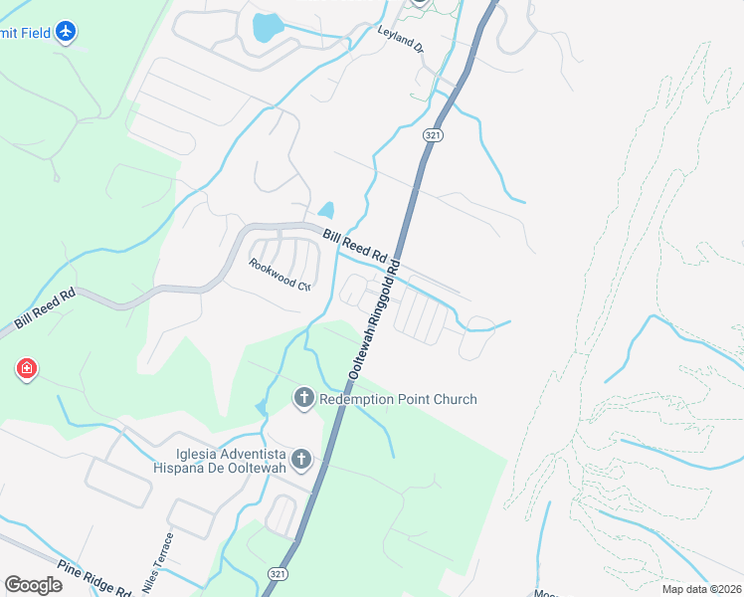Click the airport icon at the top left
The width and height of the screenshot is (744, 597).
66,32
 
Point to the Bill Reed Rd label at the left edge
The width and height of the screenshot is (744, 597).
45,309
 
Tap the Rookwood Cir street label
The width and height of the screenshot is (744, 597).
280,275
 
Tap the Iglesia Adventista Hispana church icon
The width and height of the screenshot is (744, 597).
300,459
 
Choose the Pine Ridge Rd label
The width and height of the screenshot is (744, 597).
94,578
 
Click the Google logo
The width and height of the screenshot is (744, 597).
33,585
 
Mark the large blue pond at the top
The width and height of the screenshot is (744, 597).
267,28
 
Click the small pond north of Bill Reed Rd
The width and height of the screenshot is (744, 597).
325,210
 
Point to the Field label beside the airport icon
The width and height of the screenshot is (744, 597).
27,33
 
